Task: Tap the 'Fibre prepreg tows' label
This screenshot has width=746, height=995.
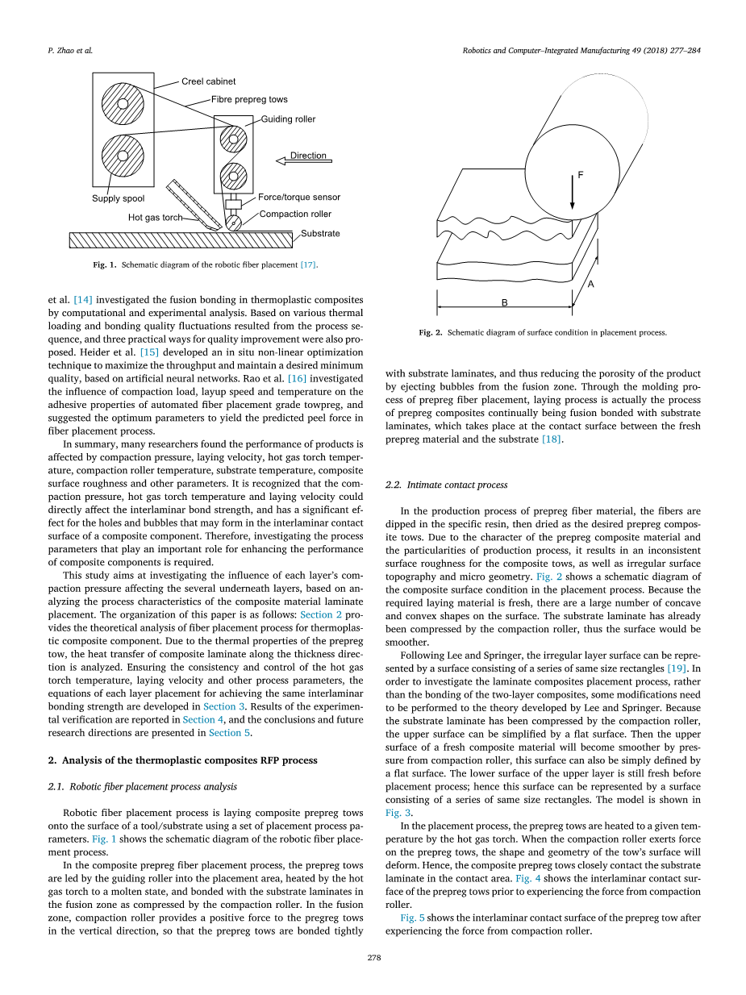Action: (x=249, y=100)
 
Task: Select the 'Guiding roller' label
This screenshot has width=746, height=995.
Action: (x=288, y=119)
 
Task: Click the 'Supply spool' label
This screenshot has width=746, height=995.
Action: (x=118, y=198)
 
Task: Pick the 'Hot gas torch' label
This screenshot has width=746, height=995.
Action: (x=155, y=218)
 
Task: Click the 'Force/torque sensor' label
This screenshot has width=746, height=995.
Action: (x=299, y=198)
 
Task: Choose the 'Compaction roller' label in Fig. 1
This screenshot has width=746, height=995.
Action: (x=295, y=214)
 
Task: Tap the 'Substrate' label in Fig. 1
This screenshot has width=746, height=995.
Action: (x=320, y=234)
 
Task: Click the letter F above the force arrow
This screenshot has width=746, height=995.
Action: (x=581, y=175)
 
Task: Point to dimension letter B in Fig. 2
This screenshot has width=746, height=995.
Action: (x=505, y=302)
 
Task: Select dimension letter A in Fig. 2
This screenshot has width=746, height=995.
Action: (x=591, y=284)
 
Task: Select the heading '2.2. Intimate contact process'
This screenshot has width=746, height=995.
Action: (x=446, y=485)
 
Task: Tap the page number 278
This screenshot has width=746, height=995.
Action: (x=373, y=958)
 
